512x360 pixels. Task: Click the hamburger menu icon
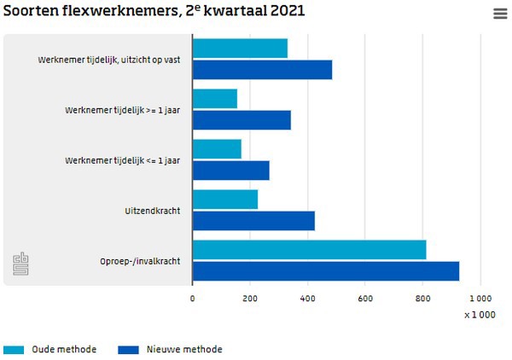pyautogui.click(x=500, y=13)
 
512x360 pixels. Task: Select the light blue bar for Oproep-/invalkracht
pyautogui.click(x=309, y=250)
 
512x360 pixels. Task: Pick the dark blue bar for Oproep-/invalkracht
pyautogui.click(x=325, y=271)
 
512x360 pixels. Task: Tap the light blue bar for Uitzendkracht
pyautogui.click(x=224, y=200)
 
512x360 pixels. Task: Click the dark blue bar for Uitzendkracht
pyautogui.click(x=253, y=221)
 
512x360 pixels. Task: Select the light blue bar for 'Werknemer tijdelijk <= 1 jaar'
pyautogui.click(x=217, y=149)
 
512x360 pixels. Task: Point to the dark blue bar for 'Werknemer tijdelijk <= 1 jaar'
pyautogui.click(x=230, y=171)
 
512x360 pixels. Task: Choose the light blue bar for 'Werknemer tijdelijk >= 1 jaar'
pyautogui.click(x=214, y=99)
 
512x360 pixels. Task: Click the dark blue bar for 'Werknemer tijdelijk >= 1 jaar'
pyautogui.click(x=241, y=120)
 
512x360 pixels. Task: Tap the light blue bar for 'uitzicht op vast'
pyautogui.click(x=240, y=49)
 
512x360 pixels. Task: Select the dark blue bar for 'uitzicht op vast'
pyautogui.click(x=262, y=70)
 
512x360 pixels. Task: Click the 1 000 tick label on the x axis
pyautogui.click(x=480, y=299)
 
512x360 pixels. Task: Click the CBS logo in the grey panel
pyautogui.click(x=20, y=264)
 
